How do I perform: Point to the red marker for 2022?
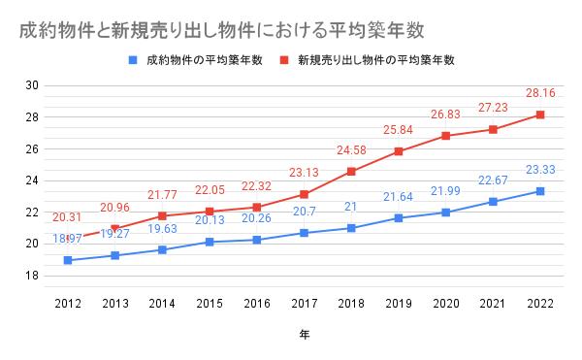click(540, 115)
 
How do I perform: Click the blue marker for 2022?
click(540, 191)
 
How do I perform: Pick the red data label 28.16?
click(540, 95)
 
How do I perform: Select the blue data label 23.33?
click(540, 171)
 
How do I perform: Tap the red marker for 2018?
click(351, 172)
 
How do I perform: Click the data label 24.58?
click(351, 151)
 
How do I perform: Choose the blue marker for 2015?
click(209, 242)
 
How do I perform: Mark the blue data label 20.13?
click(209, 220)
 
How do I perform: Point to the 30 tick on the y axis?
click(32, 85)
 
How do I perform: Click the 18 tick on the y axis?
click(32, 276)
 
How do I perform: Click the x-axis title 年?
click(304, 333)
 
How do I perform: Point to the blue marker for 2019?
click(399, 217)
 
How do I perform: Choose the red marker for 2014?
click(161, 215)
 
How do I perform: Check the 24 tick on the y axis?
click(32, 180)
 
